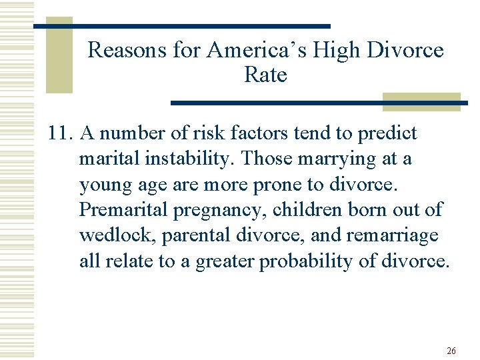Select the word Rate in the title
click(x=265, y=75)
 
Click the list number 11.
click(x=61, y=133)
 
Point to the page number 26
click(x=451, y=351)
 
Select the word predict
click(x=387, y=133)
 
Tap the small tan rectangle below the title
click(x=421, y=101)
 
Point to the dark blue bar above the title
click(x=182, y=26)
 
